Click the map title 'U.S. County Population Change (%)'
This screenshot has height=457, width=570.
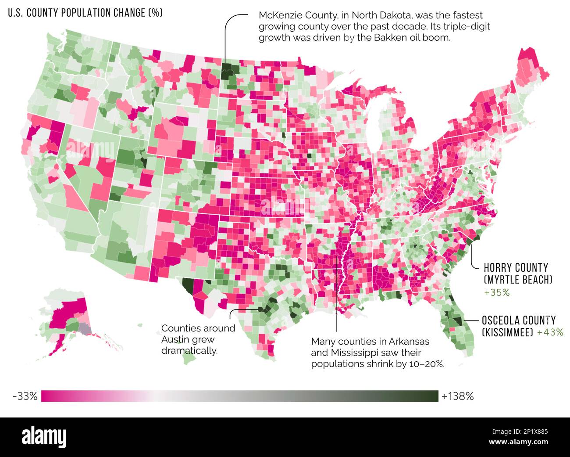tap(85, 13)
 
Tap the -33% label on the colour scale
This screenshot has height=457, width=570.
tap(25, 396)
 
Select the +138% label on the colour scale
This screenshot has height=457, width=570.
tap(458, 396)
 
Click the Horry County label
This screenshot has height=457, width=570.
tap(516, 267)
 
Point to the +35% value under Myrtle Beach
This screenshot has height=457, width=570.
tap(497, 293)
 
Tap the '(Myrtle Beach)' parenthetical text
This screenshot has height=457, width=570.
tap(518, 280)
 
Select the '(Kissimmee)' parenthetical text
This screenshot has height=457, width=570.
tap(507, 332)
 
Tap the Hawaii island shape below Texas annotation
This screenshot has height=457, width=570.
tap(189, 357)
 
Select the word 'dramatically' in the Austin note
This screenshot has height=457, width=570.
tap(189, 351)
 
